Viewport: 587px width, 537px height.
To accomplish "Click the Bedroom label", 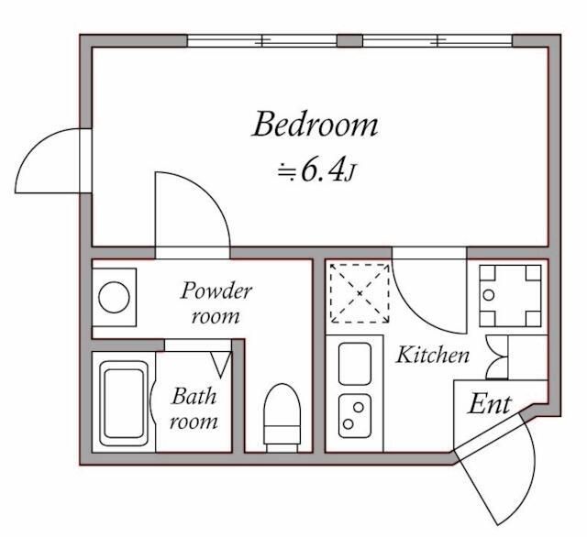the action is pos(316,124).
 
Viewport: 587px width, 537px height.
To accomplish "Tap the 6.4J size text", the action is pos(316,172).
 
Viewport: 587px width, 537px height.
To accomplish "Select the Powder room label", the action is pos(216,303).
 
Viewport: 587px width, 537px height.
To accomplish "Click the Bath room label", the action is pos(194,409).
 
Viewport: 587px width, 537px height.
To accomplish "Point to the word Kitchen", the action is pos(432,355).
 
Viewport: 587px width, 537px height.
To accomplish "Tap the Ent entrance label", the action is pos(490,404).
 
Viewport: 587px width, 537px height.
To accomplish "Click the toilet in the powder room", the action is pos(282,418).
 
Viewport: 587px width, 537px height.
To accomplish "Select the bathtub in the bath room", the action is pos(124,403).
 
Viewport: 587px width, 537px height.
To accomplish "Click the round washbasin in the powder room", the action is pos(114,298).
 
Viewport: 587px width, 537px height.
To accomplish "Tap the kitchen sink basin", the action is pos(355,364).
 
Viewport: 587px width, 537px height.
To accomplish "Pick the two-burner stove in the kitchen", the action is pos(355,415).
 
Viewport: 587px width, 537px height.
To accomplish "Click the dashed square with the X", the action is pos(360,293).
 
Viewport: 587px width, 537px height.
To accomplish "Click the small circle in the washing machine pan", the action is pos(489,295).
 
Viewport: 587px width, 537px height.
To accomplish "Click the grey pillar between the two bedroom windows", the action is pos(349,40).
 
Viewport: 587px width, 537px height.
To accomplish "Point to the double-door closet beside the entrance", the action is pos(498,357).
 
